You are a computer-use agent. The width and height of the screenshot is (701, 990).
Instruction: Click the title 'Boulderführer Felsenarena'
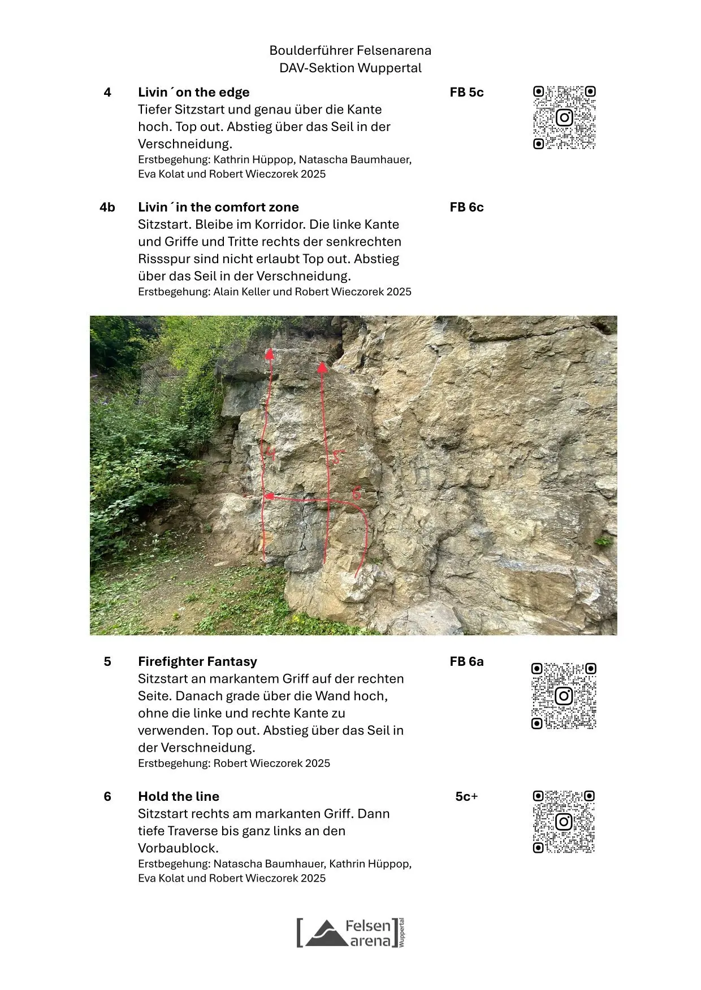(350, 50)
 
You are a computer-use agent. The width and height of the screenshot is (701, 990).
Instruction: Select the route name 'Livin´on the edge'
(193, 92)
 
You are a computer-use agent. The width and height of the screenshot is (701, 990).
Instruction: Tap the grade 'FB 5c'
(466, 92)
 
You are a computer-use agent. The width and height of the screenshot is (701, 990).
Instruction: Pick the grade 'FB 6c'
(466, 207)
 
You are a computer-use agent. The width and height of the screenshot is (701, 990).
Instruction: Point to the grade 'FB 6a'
(466, 661)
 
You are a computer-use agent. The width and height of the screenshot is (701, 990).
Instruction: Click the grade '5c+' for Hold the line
(466, 796)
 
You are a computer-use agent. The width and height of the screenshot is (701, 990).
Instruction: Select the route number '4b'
(107, 207)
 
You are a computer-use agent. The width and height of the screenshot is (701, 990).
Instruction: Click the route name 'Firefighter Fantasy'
(197, 661)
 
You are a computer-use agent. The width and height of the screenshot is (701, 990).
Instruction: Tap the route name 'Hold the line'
(179, 796)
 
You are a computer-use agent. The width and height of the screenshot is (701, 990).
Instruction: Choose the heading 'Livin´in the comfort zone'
(218, 207)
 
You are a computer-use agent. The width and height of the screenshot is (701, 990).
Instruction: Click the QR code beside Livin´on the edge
(564, 117)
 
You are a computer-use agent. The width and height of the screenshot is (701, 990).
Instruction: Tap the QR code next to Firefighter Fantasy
(564, 696)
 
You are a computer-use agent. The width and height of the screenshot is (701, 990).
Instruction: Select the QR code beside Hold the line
(564, 821)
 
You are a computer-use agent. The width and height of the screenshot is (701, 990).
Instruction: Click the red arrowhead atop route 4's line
(270, 354)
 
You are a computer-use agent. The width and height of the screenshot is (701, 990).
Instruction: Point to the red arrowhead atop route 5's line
(322, 368)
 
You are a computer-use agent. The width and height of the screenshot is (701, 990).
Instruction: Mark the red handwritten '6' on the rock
(356, 493)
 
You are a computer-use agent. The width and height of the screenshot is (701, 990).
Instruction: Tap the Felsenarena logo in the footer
(350, 932)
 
